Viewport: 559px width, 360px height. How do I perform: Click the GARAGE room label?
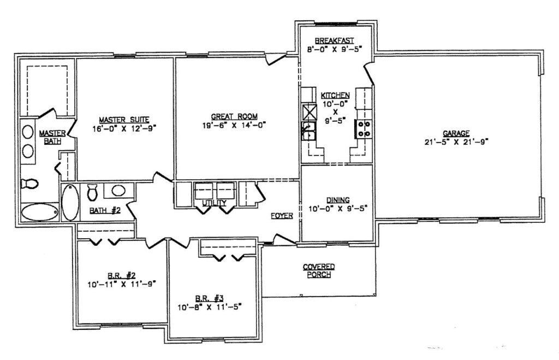(x=456, y=133)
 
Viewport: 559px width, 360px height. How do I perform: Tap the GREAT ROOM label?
(x=234, y=117)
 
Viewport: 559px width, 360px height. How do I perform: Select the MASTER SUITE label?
(x=124, y=120)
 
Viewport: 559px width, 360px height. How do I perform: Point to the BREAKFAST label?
(x=335, y=40)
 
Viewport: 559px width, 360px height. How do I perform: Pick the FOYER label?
(x=282, y=215)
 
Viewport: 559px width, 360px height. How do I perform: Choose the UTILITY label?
(x=214, y=203)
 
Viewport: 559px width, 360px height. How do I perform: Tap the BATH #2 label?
(x=105, y=210)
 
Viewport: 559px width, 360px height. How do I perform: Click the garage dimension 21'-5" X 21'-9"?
(x=456, y=141)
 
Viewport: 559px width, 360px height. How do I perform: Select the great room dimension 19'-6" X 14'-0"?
(x=234, y=125)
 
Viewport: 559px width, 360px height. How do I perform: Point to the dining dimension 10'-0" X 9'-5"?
(x=337, y=208)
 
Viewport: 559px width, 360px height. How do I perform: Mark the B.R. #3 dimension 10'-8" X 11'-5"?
(x=210, y=306)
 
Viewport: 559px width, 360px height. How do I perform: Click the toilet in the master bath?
(x=29, y=184)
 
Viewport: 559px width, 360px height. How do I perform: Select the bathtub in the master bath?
(x=39, y=213)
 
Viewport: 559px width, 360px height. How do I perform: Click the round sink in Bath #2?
(x=118, y=191)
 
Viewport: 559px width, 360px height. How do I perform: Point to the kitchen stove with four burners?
(x=363, y=129)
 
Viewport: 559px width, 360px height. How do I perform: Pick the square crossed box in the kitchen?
(x=309, y=112)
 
